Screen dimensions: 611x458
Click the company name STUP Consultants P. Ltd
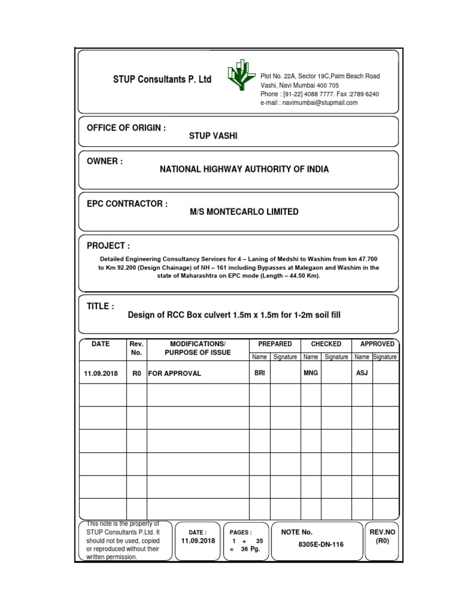tap(162, 79)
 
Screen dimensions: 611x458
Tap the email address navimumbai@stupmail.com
tap(309, 103)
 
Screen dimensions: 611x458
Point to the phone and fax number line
tap(320, 94)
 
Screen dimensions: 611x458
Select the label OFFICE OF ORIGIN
tap(126, 128)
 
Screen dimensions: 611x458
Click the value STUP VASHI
tap(213, 136)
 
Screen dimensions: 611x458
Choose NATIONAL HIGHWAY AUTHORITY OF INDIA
tap(244, 169)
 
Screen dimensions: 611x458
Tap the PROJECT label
tap(108, 246)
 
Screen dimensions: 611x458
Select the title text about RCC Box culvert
tap(234, 314)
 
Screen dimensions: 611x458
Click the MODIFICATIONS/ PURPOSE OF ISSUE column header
tap(197, 348)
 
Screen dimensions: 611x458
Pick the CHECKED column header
tap(326, 344)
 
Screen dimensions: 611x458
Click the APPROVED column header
tap(377, 344)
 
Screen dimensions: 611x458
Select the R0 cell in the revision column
tap(137, 374)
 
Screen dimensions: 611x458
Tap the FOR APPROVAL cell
tap(175, 374)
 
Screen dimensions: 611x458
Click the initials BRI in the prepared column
tap(259, 373)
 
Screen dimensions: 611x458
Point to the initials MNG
tap(310, 373)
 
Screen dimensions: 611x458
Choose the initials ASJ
tap(362, 373)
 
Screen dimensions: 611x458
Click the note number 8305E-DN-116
tap(321, 545)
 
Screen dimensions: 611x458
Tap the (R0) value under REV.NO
tap(382, 541)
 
